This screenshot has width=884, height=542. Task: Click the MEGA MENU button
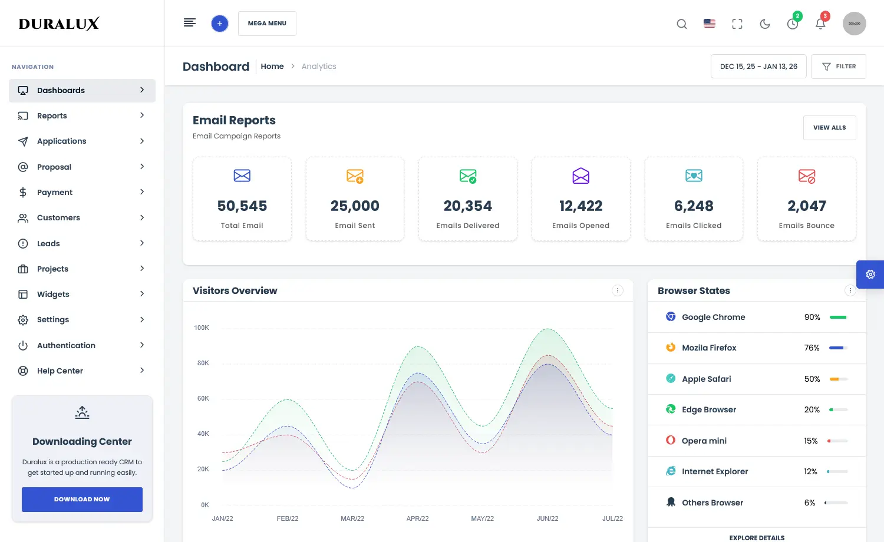(x=267, y=24)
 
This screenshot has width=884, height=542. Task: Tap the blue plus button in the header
(x=219, y=24)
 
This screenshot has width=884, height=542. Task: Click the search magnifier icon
(x=681, y=24)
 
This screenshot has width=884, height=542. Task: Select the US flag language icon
(x=710, y=24)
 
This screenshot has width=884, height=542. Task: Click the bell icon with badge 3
(x=820, y=24)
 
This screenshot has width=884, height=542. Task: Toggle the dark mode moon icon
(x=765, y=24)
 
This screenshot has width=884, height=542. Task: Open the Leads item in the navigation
(x=48, y=243)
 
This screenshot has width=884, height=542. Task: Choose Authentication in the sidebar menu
(x=66, y=345)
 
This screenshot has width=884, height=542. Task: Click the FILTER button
(x=838, y=67)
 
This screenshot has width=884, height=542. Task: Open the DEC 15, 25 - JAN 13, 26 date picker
(x=758, y=67)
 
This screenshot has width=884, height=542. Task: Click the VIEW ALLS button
(x=829, y=128)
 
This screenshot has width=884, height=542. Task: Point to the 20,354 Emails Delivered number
(x=467, y=206)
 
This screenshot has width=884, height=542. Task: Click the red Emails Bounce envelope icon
(x=806, y=176)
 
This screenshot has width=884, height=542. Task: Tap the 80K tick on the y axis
(x=203, y=363)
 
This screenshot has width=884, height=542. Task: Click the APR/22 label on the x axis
(x=417, y=518)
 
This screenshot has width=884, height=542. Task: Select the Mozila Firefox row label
(x=709, y=348)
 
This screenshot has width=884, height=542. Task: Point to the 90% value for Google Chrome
(x=812, y=318)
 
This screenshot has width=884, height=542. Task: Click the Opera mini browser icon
(x=671, y=440)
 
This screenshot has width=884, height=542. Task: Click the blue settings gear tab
(x=870, y=275)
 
